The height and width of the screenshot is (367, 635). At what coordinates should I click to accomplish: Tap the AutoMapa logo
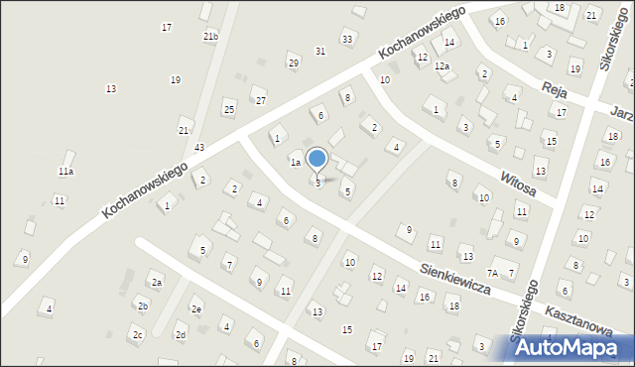[567, 347]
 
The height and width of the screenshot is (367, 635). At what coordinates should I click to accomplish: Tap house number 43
[199, 148]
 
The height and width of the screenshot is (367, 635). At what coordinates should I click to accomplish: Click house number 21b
[210, 37]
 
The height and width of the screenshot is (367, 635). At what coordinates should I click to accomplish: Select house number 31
[320, 51]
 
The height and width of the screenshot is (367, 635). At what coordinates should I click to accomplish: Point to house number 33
[346, 39]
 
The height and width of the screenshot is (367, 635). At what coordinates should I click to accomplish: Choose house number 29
[294, 63]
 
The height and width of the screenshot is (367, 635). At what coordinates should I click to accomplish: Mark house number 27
[261, 101]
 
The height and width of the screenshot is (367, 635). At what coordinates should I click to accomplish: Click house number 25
[229, 108]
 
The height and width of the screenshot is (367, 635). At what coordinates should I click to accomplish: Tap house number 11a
[65, 172]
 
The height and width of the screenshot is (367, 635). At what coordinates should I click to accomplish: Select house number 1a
[295, 162]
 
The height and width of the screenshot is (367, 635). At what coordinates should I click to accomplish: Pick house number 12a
[442, 66]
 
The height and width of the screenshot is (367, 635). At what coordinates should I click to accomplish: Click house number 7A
[493, 273]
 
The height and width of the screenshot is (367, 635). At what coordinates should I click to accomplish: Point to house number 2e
[196, 309]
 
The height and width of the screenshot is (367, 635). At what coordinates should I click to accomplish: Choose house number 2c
[138, 335]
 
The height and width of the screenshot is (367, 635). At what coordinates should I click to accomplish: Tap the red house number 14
[449, 43]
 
